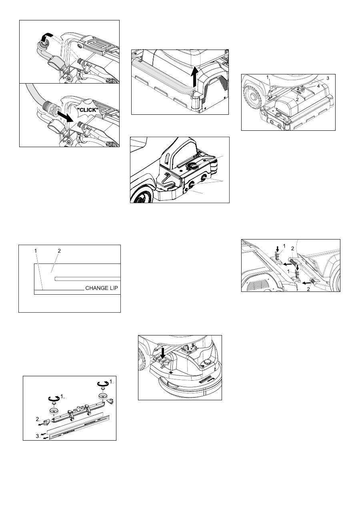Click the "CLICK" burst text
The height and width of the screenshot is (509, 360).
tap(88, 110)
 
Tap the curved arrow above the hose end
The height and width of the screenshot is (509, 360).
tap(45, 36)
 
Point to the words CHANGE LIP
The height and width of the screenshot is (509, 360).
tap(102, 288)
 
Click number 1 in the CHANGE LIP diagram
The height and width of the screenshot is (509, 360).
tap(36, 251)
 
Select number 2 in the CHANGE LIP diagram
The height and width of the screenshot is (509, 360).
tap(59, 251)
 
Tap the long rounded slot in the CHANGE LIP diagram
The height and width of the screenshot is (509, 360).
tap(87, 279)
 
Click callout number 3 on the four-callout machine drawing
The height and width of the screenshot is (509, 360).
tap(328, 78)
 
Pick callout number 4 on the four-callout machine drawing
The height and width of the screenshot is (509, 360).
tap(318, 86)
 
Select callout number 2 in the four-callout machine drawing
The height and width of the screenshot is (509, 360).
tap(297, 99)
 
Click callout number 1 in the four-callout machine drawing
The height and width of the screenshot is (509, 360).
tap(268, 77)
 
